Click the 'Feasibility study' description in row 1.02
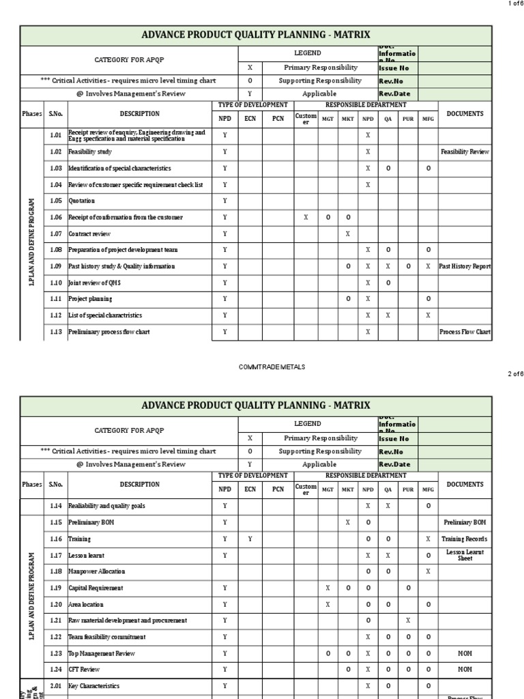[90, 152]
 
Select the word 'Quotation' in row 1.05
[81, 201]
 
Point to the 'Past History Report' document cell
[465, 267]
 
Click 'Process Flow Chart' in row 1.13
[465, 332]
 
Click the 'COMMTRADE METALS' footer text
[272, 367]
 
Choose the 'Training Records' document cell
[465, 539]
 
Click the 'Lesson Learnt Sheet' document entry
[465, 555]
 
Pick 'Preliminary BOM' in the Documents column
[465, 523]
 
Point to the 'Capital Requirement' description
[96, 588]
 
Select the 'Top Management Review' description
[101, 654]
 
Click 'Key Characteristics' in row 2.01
[93, 686]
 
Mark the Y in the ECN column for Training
[250, 539]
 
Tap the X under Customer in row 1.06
[306, 218]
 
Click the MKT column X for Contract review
[348, 234]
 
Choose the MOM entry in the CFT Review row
[465, 670]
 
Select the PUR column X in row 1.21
[408, 621]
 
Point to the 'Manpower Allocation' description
[96, 572]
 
